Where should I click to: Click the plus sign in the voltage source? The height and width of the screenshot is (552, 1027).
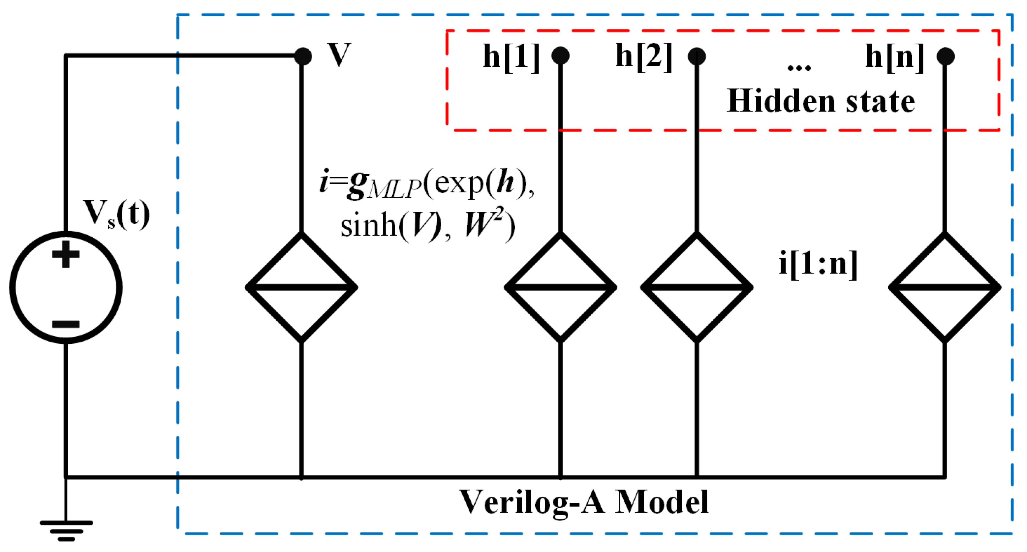click(x=66, y=254)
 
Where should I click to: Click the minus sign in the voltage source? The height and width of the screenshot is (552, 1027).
click(x=66, y=324)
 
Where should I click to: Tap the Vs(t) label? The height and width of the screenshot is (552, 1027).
click(x=116, y=214)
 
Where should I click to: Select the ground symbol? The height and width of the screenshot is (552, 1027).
click(x=66, y=530)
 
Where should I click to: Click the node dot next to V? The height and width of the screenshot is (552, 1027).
click(x=303, y=56)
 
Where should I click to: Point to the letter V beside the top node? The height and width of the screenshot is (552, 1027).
click(x=339, y=55)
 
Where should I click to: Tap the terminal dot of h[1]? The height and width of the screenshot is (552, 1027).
click(x=560, y=56)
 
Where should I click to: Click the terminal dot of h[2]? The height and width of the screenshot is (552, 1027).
click(x=696, y=56)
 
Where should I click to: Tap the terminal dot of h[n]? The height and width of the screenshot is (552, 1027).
click(x=945, y=56)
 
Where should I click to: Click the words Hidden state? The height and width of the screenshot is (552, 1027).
click(x=821, y=101)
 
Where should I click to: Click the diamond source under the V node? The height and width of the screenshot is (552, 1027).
click(x=302, y=287)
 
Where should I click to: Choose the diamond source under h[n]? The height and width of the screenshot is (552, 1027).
click(x=944, y=287)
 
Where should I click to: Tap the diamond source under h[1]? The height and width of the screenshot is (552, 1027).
click(x=560, y=287)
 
